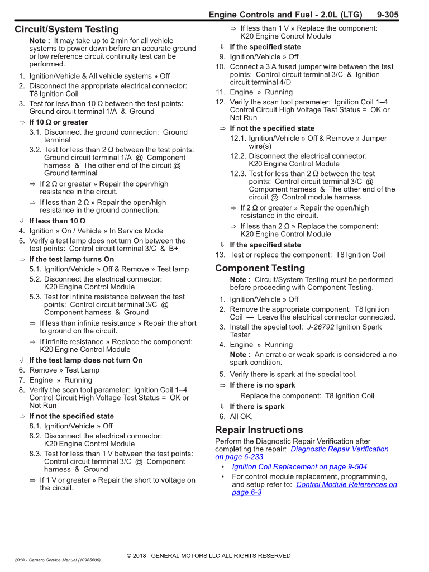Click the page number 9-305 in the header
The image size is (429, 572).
pyautogui.click(x=388, y=15)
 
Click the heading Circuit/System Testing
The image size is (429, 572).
pyautogui.click(x=66, y=29)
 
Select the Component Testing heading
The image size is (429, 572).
pyautogui.click(x=260, y=268)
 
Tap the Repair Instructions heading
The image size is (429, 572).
pyautogui.click(x=259, y=430)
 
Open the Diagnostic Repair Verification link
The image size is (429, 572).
pyautogui.click(x=340, y=449)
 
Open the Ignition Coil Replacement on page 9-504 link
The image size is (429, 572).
pyautogui.click(x=299, y=467)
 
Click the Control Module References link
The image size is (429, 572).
pyautogui.click(x=346, y=485)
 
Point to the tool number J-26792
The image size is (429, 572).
pyautogui.click(x=321, y=327)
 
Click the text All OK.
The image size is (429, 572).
pyautogui.click(x=241, y=416)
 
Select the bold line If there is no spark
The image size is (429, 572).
pyautogui.click(x=263, y=385)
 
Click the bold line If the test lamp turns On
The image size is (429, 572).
pyautogui.click(x=71, y=259)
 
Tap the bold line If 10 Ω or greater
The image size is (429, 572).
pyautogui.click(x=59, y=122)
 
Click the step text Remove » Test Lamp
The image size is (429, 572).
pyautogui.click(x=64, y=370)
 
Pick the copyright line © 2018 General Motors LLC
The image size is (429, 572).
pyautogui.click(x=209, y=556)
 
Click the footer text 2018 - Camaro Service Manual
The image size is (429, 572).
pyautogui.click(x=58, y=560)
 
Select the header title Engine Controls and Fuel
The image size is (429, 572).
pyautogui.click(x=285, y=15)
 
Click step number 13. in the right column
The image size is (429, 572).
pyautogui.click(x=220, y=255)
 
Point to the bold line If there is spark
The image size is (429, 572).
pyautogui.click(x=257, y=407)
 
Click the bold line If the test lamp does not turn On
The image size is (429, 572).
pyautogui.click(x=86, y=360)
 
